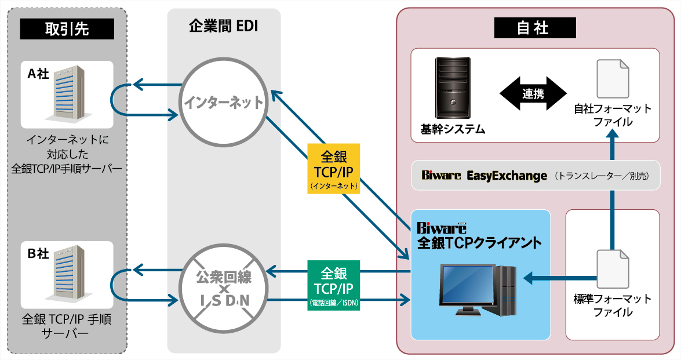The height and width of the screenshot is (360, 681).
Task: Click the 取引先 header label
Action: click(67, 29)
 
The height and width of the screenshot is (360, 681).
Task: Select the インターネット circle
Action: click(224, 103)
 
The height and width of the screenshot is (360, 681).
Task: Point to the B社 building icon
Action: click(69, 275)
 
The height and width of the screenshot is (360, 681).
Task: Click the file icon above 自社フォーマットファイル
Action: click(613, 79)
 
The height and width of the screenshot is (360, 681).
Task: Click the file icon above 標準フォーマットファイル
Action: click(613, 269)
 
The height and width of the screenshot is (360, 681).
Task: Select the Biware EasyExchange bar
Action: click(535, 175)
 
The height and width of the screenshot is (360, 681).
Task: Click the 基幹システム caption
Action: click(453, 129)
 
